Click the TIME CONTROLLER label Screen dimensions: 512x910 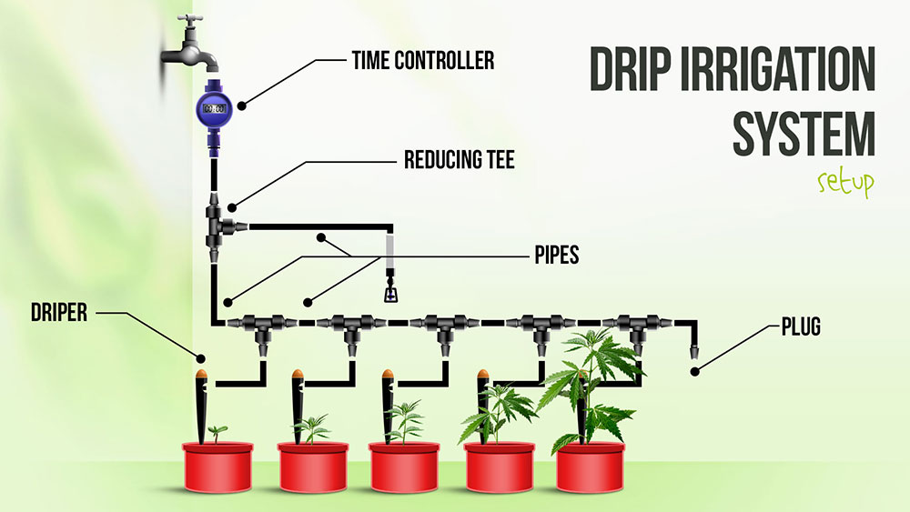[x=422, y=61]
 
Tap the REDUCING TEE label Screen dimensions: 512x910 [x=460, y=162]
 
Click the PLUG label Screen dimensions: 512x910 [x=800, y=326]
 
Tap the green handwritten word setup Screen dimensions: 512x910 [x=844, y=183]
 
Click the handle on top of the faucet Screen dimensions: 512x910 [x=191, y=21]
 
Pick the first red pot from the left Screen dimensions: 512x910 [x=217, y=466]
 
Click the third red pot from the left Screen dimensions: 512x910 [x=404, y=466]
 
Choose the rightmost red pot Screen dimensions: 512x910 [x=592, y=466]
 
